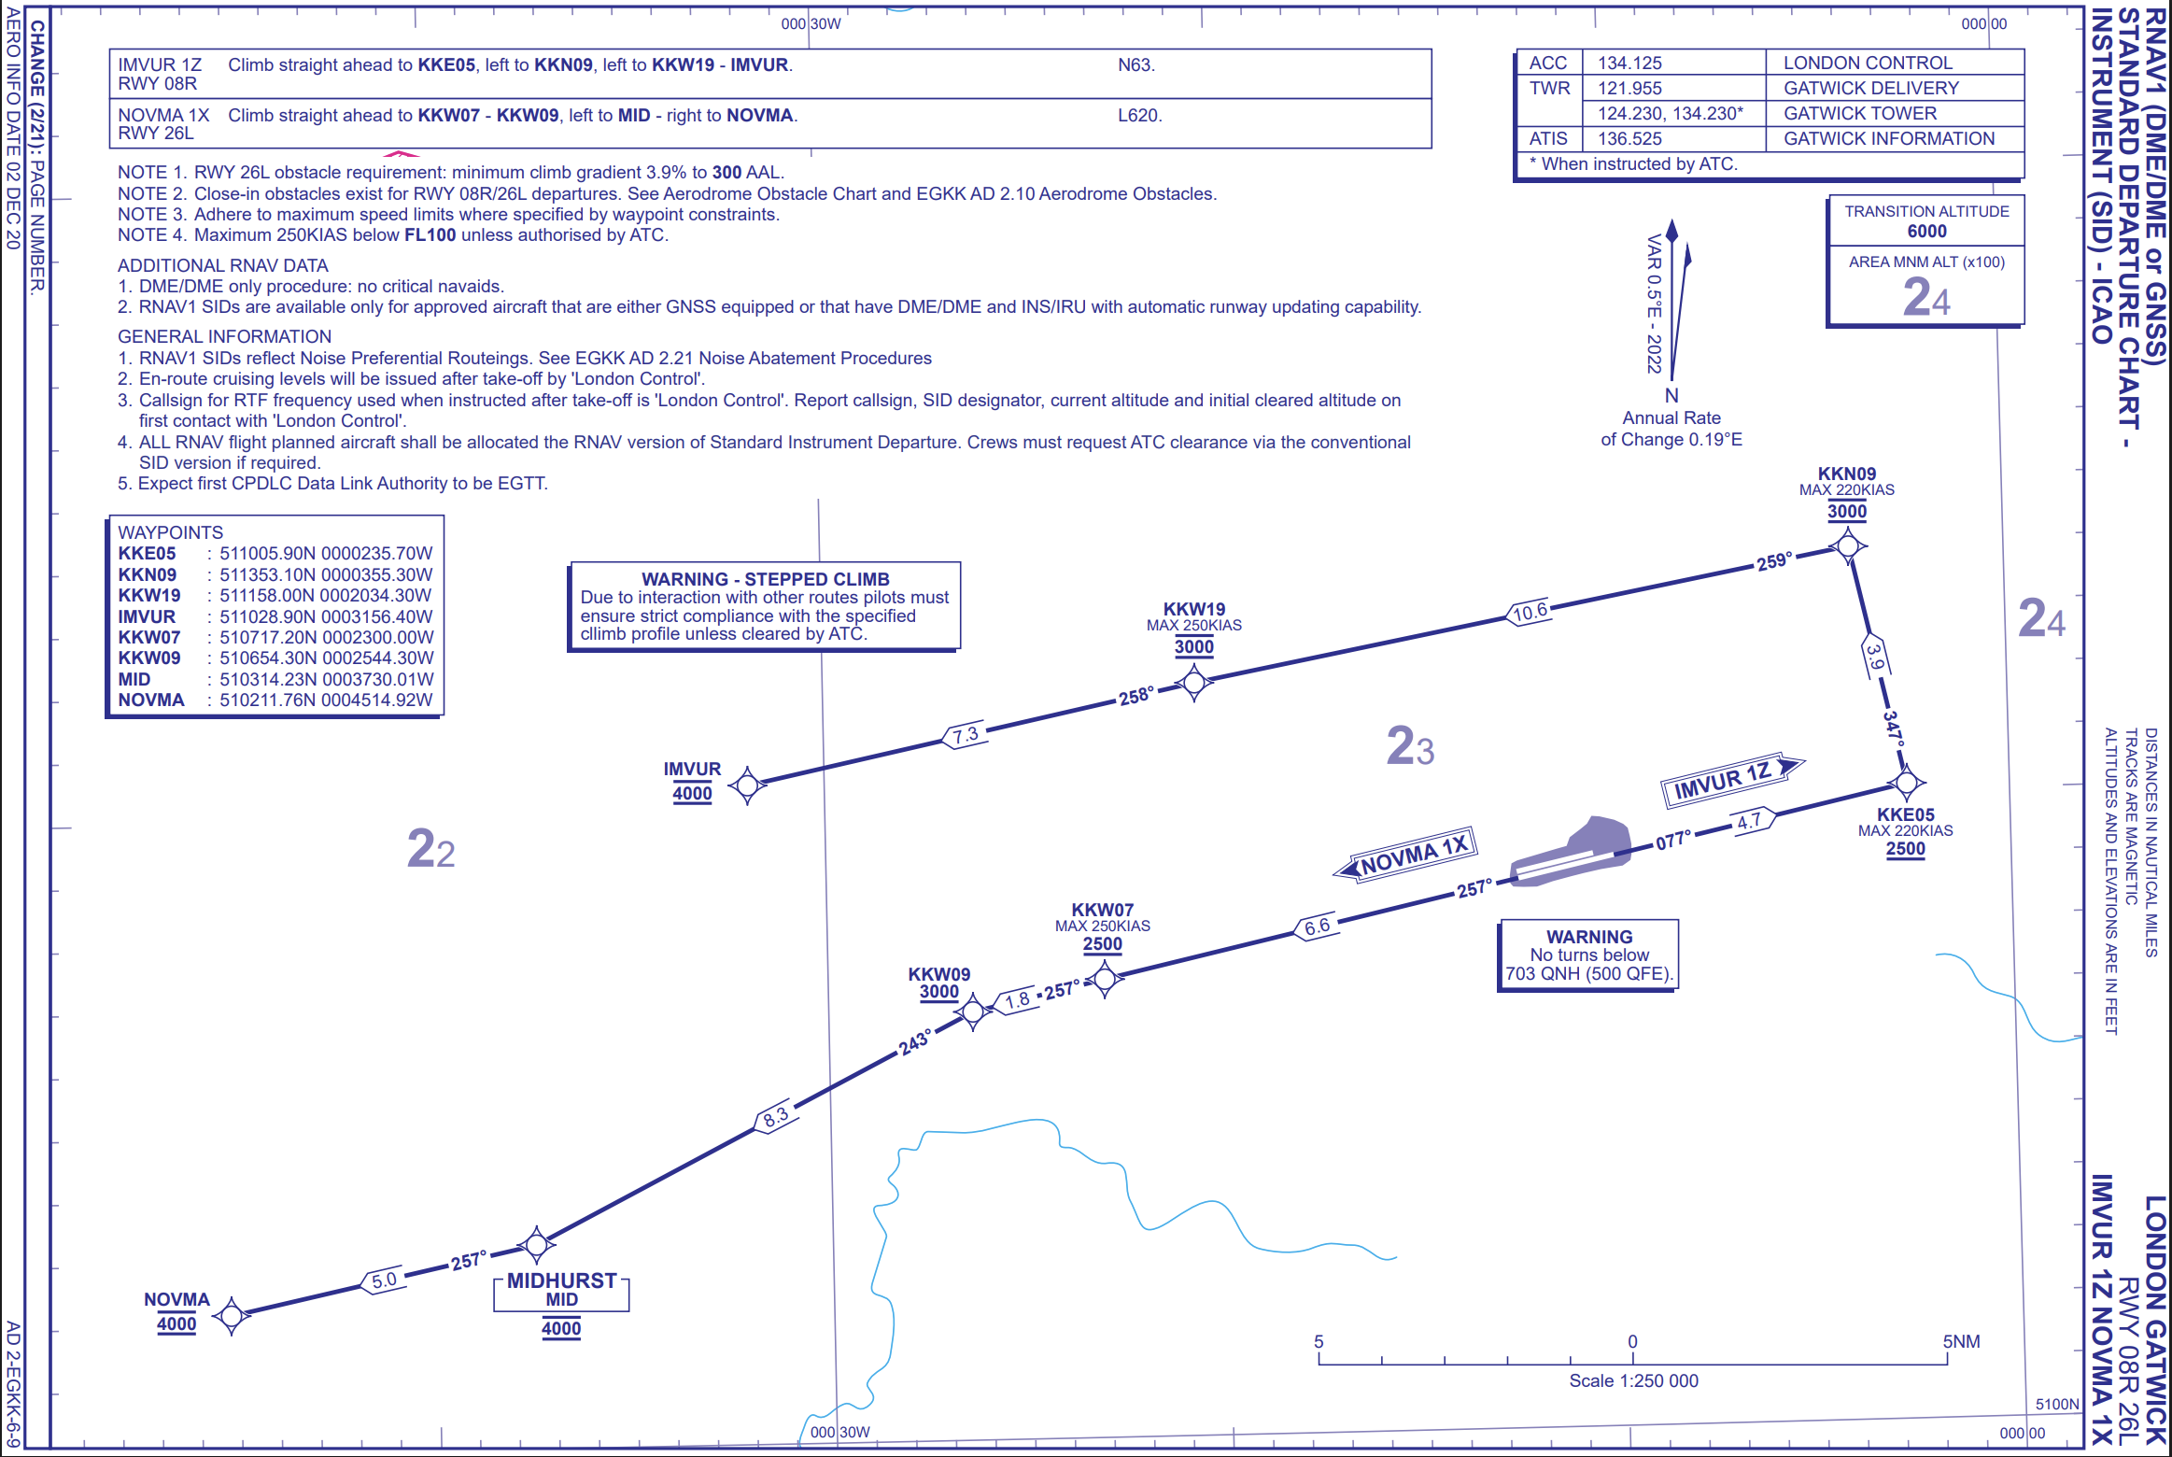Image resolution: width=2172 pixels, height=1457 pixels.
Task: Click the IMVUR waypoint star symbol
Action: [x=747, y=785]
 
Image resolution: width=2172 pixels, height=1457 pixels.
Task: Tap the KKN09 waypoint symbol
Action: [x=1847, y=545]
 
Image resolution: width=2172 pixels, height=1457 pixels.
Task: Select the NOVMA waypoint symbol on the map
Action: [x=232, y=1315]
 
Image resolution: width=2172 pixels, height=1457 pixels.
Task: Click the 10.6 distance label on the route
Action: [x=1530, y=613]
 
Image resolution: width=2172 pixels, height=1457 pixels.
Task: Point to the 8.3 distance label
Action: [x=775, y=1115]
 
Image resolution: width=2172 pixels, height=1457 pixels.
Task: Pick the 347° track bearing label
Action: [x=1893, y=727]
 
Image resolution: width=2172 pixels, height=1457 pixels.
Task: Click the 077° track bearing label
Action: [x=1673, y=840]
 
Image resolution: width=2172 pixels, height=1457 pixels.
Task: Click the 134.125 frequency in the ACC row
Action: [x=1629, y=63]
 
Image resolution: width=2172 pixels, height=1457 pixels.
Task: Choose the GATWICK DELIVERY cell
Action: [x=1870, y=88]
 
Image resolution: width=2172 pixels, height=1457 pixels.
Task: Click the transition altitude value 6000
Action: [x=1926, y=231]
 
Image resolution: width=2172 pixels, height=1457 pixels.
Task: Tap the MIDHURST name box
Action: [x=561, y=1289]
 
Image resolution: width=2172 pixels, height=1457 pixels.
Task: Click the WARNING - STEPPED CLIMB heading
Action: [x=765, y=579]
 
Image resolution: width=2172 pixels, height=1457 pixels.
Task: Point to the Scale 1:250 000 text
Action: [x=1633, y=1380]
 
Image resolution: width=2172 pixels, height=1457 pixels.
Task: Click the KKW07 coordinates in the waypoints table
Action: [x=326, y=637]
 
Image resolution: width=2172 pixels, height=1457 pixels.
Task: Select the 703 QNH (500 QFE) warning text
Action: [x=1588, y=973]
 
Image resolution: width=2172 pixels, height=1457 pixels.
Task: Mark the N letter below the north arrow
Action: [x=1671, y=395]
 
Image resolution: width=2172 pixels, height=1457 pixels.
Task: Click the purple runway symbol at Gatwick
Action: [x=1572, y=854]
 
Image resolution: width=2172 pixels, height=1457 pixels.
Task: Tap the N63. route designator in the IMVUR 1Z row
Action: [x=1136, y=64]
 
